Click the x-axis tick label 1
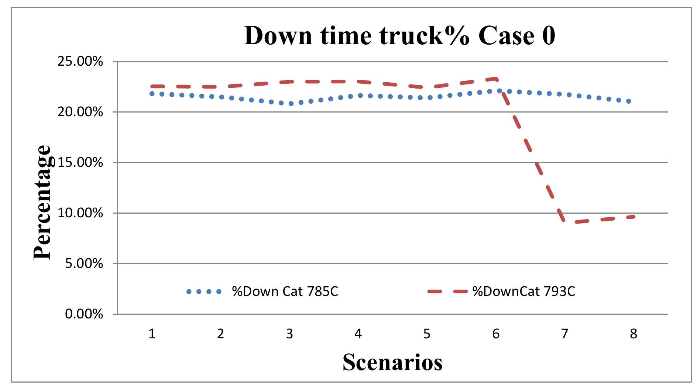click(152, 334)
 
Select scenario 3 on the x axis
click(289, 334)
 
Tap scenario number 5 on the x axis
click(427, 334)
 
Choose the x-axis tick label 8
click(634, 334)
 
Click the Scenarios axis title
click(392, 362)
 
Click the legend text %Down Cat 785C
click(285, 291)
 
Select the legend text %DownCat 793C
click(523, 291)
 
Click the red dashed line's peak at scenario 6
click(496, 79)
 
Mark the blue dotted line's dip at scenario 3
click(291, 104)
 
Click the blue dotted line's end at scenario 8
click(629, 101)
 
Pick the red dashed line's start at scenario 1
click(152, 86)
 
